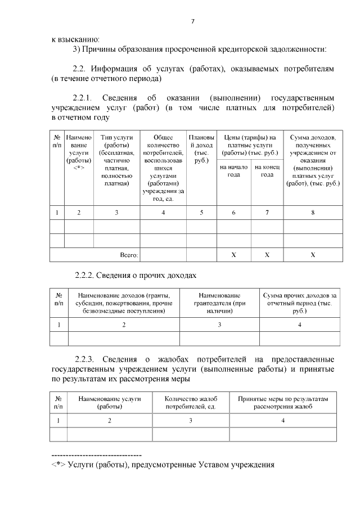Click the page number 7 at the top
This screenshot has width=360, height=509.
[192, 22]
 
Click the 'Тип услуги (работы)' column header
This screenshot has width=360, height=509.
[116, 160]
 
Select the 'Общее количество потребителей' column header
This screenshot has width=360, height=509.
[163, 168]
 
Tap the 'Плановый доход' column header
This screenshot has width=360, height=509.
[201, 149]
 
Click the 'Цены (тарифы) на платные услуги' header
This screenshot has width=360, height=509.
[250, 145]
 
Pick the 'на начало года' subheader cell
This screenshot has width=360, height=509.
[233, 170]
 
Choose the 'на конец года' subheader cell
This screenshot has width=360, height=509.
[267, 170]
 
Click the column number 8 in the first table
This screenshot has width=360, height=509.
[313, 213]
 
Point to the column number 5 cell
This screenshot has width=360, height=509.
[201, 213]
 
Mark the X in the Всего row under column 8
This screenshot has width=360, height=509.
[313, 255]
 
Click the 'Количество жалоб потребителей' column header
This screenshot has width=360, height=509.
[191, 402]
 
